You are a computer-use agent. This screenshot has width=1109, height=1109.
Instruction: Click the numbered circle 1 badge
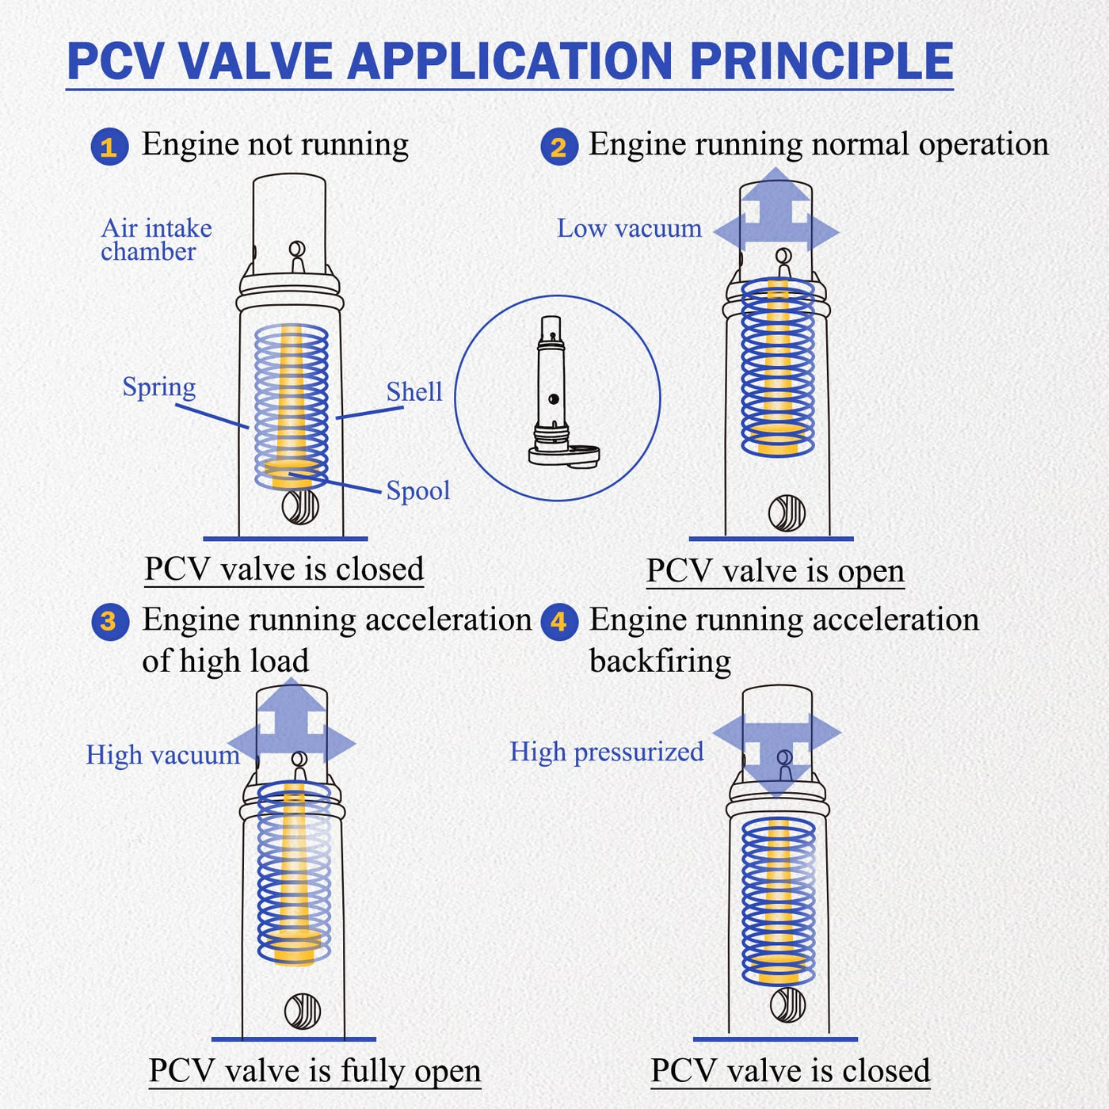tap(109, 147)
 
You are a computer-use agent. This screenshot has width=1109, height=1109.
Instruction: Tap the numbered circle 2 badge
tap(558, 147)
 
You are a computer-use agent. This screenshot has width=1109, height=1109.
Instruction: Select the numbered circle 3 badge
tap(109, 622)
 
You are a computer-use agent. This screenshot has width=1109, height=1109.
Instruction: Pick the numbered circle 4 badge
tap(559, 622)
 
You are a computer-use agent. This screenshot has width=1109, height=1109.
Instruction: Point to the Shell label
tap(413, 392)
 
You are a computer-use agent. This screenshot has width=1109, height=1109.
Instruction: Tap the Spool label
tap(417, 491)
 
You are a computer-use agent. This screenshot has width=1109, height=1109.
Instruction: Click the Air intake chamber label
tap(157, 240)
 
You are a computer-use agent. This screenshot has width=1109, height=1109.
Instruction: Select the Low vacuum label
tap(630, 228)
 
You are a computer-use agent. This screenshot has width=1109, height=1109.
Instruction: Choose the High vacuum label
tap(163, 754)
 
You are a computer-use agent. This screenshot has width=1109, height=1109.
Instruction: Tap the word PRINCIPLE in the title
tap(821, 60)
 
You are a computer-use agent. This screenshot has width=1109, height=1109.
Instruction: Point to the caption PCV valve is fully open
tap(314, 1071)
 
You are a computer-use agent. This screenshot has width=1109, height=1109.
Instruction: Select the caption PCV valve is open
tap(776, 571)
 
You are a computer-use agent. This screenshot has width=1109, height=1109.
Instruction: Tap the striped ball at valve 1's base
tap(300, 507)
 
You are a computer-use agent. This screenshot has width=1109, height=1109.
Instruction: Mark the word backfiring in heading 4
tap(660, 661)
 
